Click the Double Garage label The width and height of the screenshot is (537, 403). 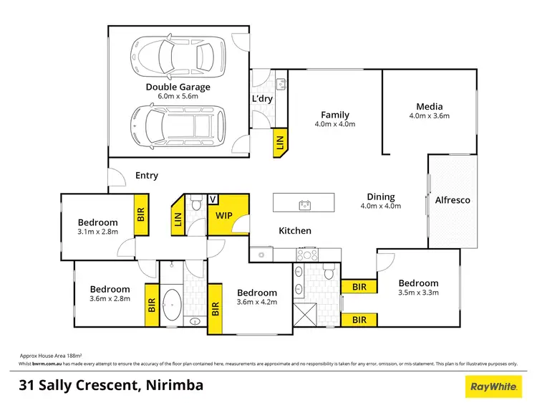pos(178,87)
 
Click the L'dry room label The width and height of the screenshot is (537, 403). pos(260,98)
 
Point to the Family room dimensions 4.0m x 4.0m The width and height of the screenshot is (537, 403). pos(335,124)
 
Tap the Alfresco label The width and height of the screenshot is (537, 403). pos(453,200)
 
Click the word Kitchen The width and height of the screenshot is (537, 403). pos(295,231)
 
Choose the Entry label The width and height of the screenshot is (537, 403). pos(147,176)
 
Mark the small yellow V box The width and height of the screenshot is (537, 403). pos(213,199)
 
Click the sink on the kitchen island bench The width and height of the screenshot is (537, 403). pos(305,205)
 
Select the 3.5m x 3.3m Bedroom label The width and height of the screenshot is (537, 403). pos(418,283)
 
